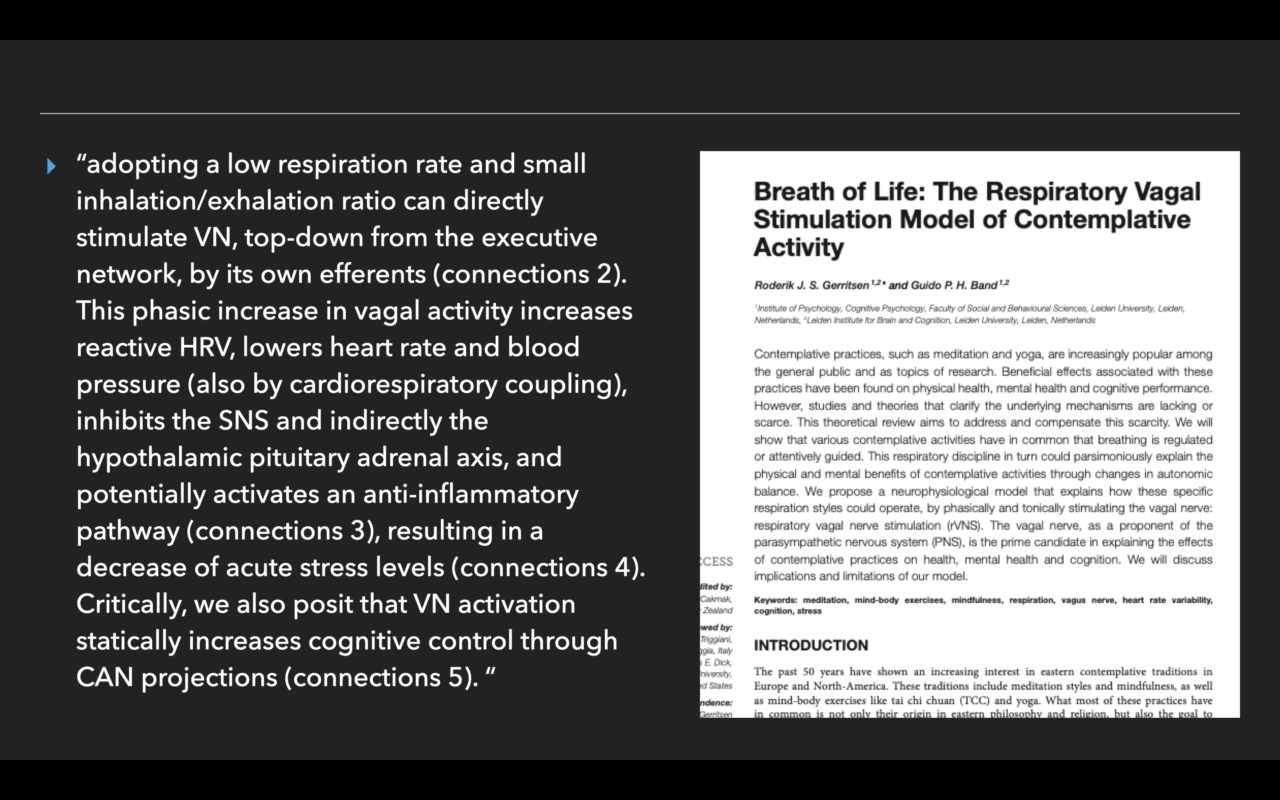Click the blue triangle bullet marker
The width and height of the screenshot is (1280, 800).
pyautogui.click(x=51, y=166)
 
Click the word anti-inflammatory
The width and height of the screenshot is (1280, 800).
pyautogui.click(x=471, y=495)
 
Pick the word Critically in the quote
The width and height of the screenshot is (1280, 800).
pyautogui.click(x=131, y=604)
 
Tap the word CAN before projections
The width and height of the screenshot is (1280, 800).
pyautogui.click(x=104, y=678)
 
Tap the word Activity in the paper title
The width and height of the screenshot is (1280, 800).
pyautogui.click(x=798, y=247)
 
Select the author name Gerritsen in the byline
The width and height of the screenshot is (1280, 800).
pyautogui.click(x=845, y=286)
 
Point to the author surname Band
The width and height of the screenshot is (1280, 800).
pyautogui.click(x=984, y=286)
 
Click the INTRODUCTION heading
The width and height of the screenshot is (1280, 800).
pyautogui.click(x=810, y=645)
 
